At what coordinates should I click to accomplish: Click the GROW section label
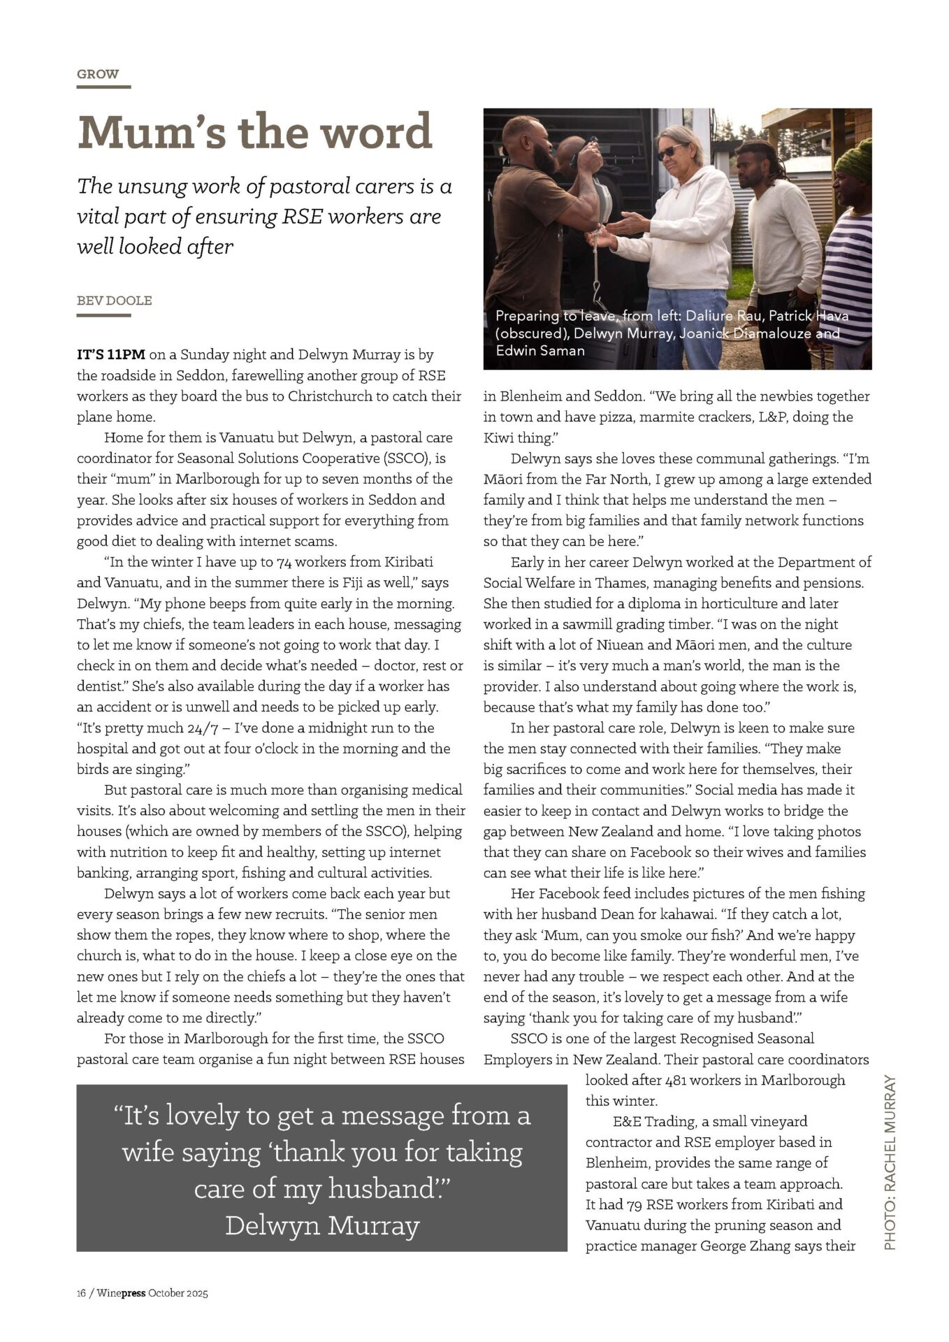pyautogui.click(x=98, y=74)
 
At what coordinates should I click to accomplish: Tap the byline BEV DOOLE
pyautogui.click(x=114, y=301)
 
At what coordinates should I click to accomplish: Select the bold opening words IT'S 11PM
pyautogui.click(x=111, y=354)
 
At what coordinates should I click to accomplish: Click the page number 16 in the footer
pyautogui.click(x=81, y=1292)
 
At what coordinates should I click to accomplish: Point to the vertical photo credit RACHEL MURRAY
pyautogui.click(x=890, y=1163)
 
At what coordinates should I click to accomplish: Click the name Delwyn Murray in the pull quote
pyautogui.click(x=322, y=1225)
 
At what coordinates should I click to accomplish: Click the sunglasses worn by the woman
pyautogui.click(x=669, y=151)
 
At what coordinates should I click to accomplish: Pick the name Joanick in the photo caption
pyautogui.click(x=700, y=333)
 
